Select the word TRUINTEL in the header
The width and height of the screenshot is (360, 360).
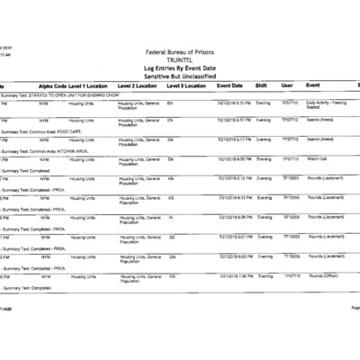(179, 58)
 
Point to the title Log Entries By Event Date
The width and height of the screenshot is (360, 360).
(179, 67)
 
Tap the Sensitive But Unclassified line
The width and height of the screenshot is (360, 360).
(179, 75)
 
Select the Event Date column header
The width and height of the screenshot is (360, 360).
(230, 85)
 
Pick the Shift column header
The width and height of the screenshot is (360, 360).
(262, 85)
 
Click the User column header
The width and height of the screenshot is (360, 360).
(287, 85)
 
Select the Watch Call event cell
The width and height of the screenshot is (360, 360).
(317, 158)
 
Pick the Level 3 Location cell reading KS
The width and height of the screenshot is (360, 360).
(171, 197)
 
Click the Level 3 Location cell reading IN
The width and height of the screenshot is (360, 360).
(171, 217)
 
